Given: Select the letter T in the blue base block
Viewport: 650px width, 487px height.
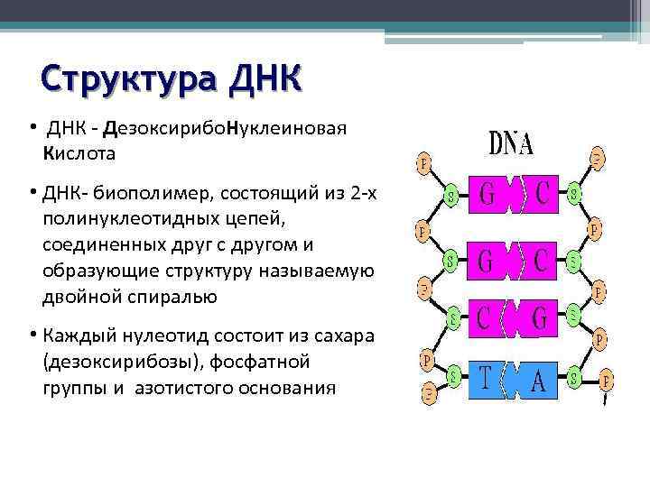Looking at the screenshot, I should [486, 379].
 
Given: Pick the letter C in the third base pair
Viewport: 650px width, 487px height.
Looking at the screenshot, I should [485, 317].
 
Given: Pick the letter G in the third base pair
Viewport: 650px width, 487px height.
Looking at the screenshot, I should [541, 317].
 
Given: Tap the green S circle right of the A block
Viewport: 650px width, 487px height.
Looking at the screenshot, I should [573, 376].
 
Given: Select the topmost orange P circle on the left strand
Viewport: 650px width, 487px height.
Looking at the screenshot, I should [422, 164].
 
